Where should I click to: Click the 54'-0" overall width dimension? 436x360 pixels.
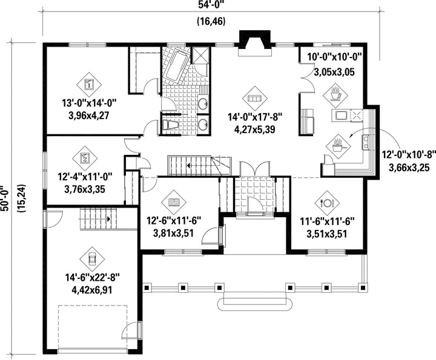[211, 5]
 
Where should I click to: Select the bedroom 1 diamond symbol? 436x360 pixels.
[89, 84]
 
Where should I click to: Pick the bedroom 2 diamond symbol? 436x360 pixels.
[85, 157]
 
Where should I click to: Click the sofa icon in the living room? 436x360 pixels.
[255, 99]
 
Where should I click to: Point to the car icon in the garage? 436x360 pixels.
[92, 260]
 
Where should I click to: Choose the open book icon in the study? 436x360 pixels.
[174, 202]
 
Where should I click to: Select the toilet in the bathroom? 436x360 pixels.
[170, 125]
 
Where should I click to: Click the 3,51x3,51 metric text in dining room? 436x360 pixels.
[327, 234]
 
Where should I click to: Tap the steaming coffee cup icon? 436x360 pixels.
[335, 95]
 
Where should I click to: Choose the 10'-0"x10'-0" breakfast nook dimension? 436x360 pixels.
[334, 57]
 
